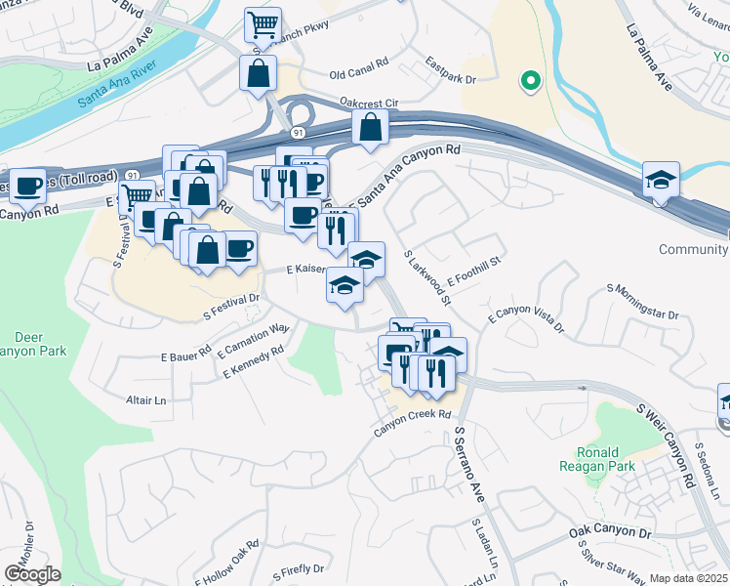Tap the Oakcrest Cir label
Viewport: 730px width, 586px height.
click(369, 101)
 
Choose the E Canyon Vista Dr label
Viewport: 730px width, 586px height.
click(527, 321)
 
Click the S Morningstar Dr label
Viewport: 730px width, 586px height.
click(642, 302)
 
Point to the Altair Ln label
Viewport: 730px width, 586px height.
click(146, 400)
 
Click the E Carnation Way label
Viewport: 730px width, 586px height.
click(254, 341)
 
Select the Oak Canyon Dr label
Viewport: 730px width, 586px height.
click(609, 533)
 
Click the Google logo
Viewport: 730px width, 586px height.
click(31, 574)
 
